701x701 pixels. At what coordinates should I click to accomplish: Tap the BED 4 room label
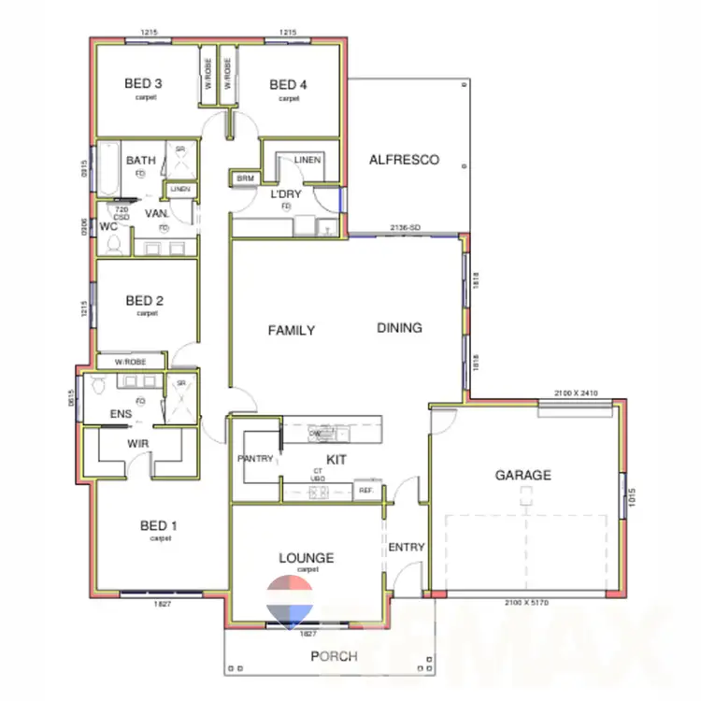289,85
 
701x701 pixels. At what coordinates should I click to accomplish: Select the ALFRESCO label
404,160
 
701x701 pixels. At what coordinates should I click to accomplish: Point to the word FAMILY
292,330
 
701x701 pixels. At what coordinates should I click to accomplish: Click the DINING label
399,328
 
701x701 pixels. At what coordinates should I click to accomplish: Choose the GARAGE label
522,475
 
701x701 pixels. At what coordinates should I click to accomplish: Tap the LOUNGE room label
306,558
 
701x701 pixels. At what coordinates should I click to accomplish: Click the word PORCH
335,656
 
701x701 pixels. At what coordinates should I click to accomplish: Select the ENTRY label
407,548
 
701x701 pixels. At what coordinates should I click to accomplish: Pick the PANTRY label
254,459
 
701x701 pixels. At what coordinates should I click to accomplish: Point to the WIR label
138,444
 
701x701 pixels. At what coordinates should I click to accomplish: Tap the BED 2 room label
146,301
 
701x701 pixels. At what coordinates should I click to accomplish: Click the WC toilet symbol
114,245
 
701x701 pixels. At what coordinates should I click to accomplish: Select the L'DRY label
285,194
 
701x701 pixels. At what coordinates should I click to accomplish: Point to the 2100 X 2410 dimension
575,393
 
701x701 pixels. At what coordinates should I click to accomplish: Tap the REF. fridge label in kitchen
365,490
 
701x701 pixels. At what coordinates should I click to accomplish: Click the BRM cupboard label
245,178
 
